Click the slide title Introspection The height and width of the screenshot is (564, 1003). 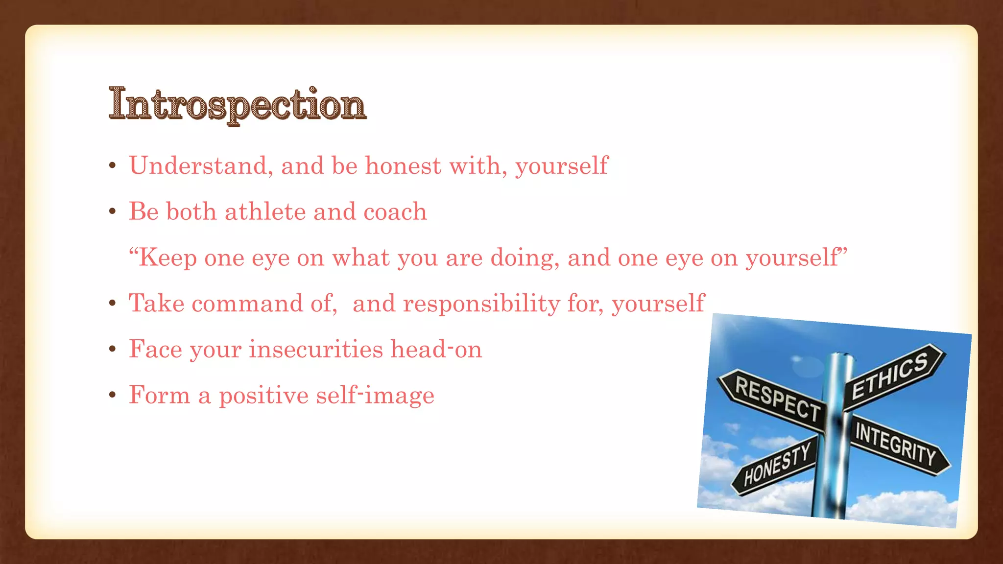(x=238, y=104)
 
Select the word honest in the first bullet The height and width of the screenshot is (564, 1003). (x=403, y=165)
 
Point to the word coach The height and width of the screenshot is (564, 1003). (x=395, y=211)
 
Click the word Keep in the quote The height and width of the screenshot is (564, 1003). (x=167, y=258)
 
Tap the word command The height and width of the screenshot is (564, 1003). (x=247, y=303)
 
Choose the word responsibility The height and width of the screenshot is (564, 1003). (x=481, y=303)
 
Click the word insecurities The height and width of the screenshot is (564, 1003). (x=316, y=349)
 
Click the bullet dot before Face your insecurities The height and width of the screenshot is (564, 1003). (x=113, y=349)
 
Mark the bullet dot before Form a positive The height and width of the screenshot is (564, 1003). (x=113, y=395)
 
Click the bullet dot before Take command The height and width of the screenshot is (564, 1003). (x=113, y=303)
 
